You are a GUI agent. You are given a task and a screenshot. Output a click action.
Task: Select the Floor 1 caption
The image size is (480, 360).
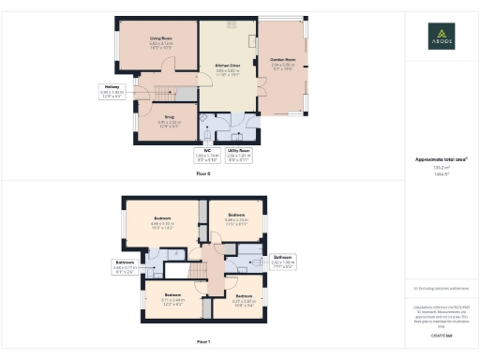point(202,341)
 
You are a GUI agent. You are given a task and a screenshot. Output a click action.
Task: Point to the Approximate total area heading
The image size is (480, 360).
point(442,159)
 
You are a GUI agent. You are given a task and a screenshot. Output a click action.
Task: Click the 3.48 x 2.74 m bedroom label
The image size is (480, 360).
point(235,220)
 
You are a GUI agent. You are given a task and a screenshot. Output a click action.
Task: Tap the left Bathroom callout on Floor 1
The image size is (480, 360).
point(125,265)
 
